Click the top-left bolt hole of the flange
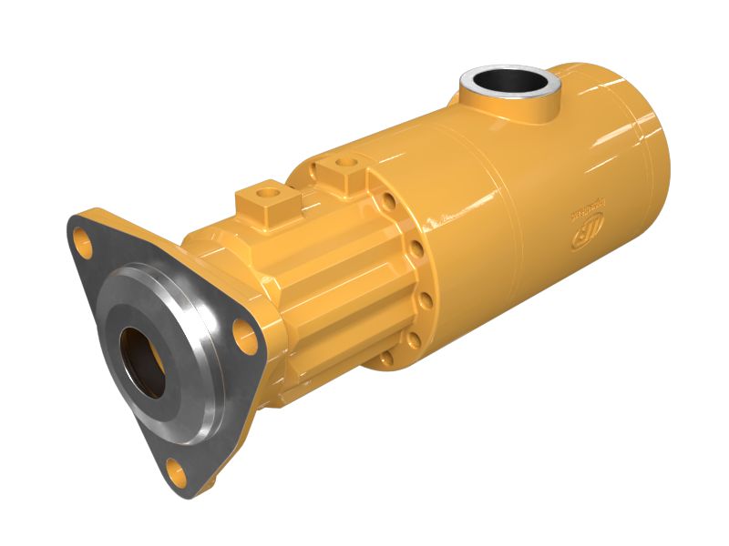[x=85, y=242]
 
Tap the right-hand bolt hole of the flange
[x=244, y=338]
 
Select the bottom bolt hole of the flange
[x=177, y=472]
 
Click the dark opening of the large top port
[x=507, y=81]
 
